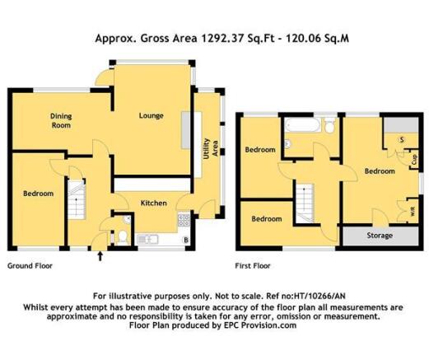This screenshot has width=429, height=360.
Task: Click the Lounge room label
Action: (151, 115)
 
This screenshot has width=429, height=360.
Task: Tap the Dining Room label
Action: (61, 120)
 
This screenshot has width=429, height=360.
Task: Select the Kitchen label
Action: (154, 203)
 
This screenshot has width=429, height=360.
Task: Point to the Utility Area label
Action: (211, 148)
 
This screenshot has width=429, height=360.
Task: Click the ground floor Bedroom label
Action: (38, 194)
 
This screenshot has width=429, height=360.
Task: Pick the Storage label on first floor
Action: (380, 236)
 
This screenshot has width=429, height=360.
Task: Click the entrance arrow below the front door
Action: (100, 256)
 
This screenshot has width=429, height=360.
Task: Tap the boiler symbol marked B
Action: (186, 240)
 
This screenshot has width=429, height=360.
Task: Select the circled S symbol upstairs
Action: (402, 140)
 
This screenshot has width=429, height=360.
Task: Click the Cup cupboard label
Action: (414, 159)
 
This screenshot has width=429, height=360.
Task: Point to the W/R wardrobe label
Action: (413, 211)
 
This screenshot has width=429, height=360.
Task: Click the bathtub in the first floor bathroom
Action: (302, 125)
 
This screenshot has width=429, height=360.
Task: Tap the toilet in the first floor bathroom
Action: (329, 125)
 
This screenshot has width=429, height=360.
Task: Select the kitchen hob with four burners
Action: (184, 220)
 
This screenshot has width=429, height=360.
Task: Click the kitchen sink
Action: (147, 240)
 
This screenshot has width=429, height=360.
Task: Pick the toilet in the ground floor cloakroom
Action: (122, 237)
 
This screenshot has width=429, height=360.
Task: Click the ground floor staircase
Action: (77, 199)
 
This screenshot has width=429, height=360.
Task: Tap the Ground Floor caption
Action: (30, 266)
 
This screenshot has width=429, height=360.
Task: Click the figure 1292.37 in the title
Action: (222, 38)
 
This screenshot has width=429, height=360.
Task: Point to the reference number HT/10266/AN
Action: (319, 296)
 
